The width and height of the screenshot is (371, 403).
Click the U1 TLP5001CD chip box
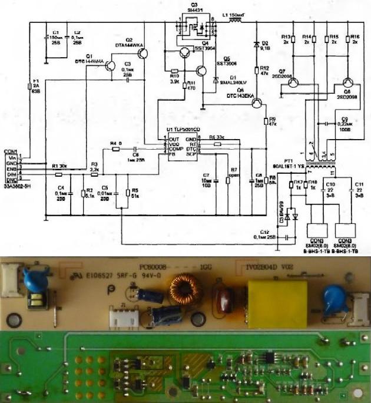click(179, 146)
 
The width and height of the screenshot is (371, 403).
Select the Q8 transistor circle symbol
click(347, 85)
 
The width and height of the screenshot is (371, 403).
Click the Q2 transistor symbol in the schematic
click(143, 53)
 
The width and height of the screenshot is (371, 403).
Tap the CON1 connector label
click(11, 151)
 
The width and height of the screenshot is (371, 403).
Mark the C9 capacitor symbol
click(326, 124)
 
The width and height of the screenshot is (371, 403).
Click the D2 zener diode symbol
click(256, 45)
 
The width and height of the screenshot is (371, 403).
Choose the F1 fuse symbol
click(30, 86)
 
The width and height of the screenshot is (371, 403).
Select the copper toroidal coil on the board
click(183, 290)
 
